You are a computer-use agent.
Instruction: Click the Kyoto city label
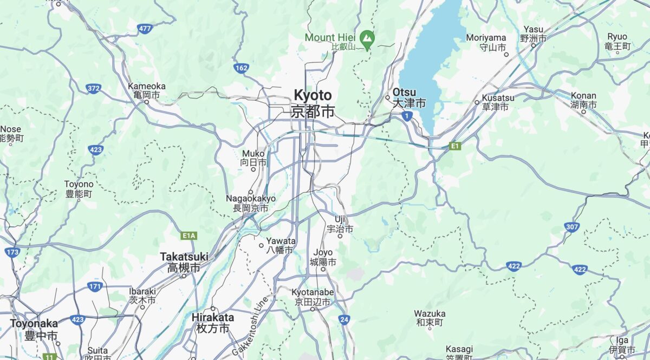313,103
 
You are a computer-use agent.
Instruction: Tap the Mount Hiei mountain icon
368,38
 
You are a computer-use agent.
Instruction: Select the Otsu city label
409,97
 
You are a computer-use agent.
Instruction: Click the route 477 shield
145,29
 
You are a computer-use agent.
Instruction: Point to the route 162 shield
242,68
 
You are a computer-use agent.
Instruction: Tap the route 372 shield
94,88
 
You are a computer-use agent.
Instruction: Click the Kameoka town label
147,90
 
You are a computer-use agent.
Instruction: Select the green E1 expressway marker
455,146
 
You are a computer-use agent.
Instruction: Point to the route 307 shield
572,227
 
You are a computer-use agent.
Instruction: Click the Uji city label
340,224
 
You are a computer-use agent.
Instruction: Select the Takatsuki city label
184,261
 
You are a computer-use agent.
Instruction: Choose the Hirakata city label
213,323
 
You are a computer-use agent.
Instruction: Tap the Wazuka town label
430,318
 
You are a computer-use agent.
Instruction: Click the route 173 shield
12,252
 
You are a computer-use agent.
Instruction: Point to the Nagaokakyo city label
251,203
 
